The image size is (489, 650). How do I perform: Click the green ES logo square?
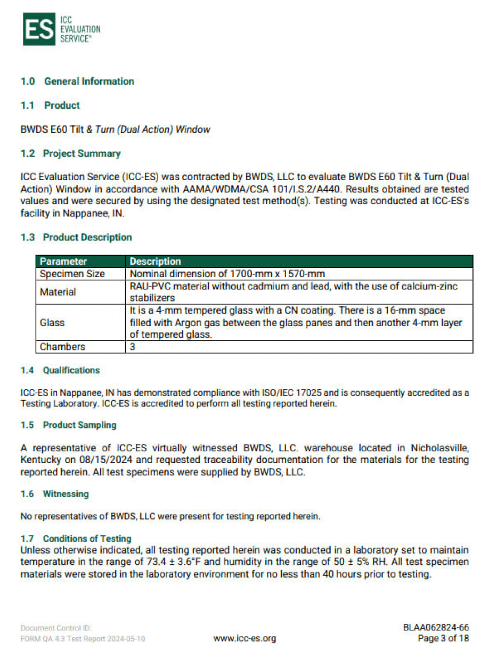pos(38,29)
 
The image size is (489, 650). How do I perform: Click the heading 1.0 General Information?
pos(77,82)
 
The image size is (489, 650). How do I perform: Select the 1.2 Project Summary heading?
pos(71,153)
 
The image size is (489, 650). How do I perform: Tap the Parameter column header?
pos(63,262)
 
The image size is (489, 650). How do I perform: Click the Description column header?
pos(156,262)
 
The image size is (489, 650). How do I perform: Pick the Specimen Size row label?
pos(72,274)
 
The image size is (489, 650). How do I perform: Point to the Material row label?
pos(58,292)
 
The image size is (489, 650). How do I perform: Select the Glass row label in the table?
pos(52,322)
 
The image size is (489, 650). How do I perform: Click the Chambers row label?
pos(62,347)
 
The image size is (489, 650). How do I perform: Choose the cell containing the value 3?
pos(133,347)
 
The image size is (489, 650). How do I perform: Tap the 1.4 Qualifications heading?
pos(60,370)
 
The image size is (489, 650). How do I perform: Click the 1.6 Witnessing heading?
pos(55,494)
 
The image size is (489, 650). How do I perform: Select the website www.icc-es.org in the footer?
pos(244,638)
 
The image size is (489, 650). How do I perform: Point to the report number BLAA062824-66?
pos(436,628)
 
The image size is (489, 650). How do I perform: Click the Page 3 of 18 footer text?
pos(443,638)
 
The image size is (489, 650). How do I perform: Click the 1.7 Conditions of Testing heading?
pos(76,539)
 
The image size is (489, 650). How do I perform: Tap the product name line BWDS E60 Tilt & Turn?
pos(115,129)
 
